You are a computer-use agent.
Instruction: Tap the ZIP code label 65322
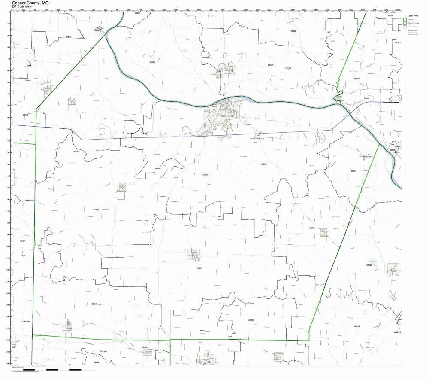[x=97, y=100]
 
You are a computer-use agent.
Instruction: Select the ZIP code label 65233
[x=263, y=164]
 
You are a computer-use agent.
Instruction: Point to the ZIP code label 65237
[x=199, y=268]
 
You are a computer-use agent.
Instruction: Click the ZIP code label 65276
[x=96, y=210]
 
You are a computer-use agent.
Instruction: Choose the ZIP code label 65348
[x=94, y=304]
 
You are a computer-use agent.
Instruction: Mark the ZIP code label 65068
[x=312, y=228]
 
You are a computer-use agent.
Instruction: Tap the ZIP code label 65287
[x=353, y=171]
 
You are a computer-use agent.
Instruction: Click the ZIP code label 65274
[x=270, y=65]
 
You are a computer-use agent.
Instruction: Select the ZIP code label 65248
[x=293, y=31]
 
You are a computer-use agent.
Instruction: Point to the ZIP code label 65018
[x=357, y=326]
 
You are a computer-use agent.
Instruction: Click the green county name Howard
[x=287, y=68]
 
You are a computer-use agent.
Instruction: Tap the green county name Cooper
[x=206, y=175]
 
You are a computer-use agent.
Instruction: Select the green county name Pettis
[x=23, y=255]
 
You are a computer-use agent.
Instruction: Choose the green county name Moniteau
[x=372, y=261]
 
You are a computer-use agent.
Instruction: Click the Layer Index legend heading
[x=413, y=15]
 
